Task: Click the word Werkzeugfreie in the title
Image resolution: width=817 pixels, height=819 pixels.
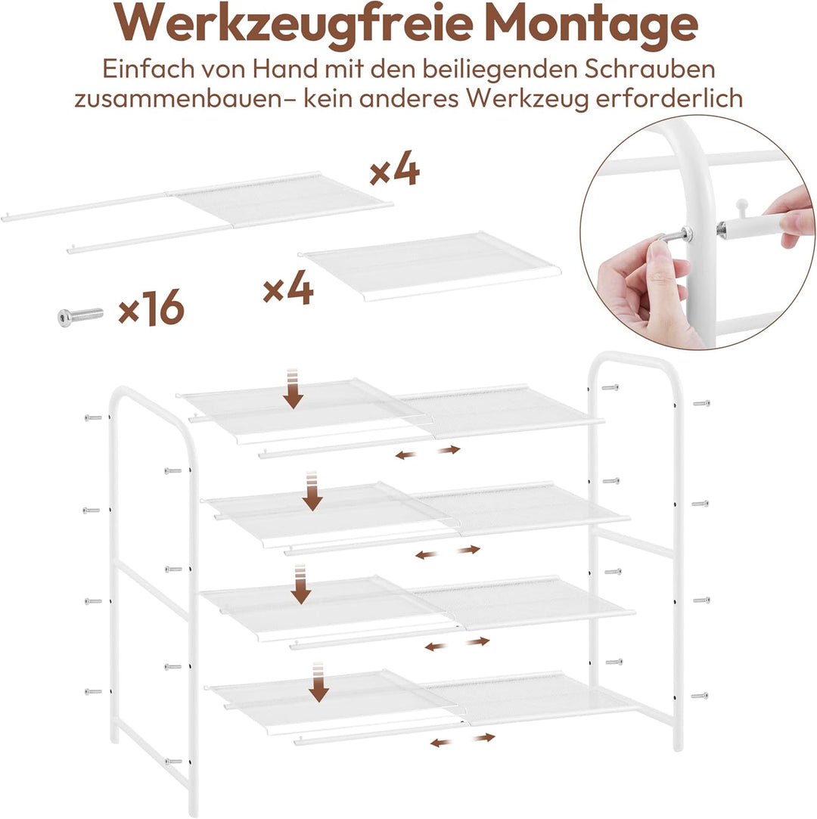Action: tap(294, 25)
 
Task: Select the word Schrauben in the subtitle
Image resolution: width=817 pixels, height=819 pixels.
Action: tap(649, 69)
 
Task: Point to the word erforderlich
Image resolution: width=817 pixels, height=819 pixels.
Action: tap(669, 98)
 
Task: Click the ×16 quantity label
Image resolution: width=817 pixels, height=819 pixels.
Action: tap(151, 308)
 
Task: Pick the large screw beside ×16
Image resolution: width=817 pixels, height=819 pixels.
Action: tap(80, 317)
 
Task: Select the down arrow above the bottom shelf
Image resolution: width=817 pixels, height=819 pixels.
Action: tap(318, 682)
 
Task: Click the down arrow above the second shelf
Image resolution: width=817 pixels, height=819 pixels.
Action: tap(312, 491)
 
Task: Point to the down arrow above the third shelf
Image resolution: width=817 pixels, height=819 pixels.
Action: tap(300, 584)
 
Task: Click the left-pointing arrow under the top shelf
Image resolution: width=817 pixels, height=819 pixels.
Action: tap(406, 455)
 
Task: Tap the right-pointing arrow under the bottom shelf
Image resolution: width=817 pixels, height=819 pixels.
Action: tap(483, 737)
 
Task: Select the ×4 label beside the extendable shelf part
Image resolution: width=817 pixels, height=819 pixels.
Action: tap(394, 168)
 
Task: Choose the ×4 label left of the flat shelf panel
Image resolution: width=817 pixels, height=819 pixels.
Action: tap(287, 288)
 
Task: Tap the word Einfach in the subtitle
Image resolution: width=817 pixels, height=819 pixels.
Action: tap(148, 69)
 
